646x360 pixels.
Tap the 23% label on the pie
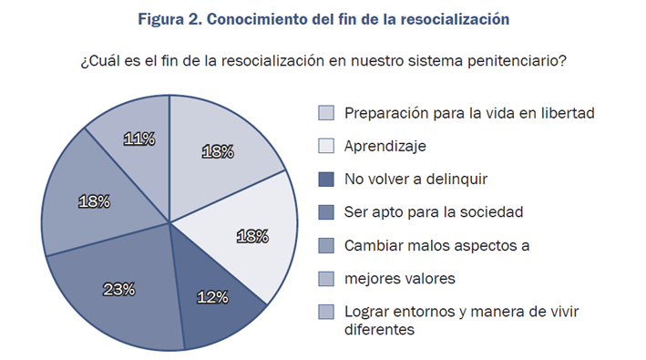coord(119,290)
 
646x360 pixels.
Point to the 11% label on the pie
coord(138,139)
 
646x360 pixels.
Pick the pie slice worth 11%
coord(137,128)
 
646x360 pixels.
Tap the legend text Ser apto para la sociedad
coord(434,212)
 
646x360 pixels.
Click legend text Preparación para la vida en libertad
coord(469,113)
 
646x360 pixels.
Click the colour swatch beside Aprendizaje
coord(326,146)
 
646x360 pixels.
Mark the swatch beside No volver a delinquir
coord(326,179)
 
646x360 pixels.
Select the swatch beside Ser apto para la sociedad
coord(326,212)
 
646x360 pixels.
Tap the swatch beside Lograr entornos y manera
coord(326,312)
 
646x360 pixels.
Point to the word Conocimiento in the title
coord(265,19)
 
